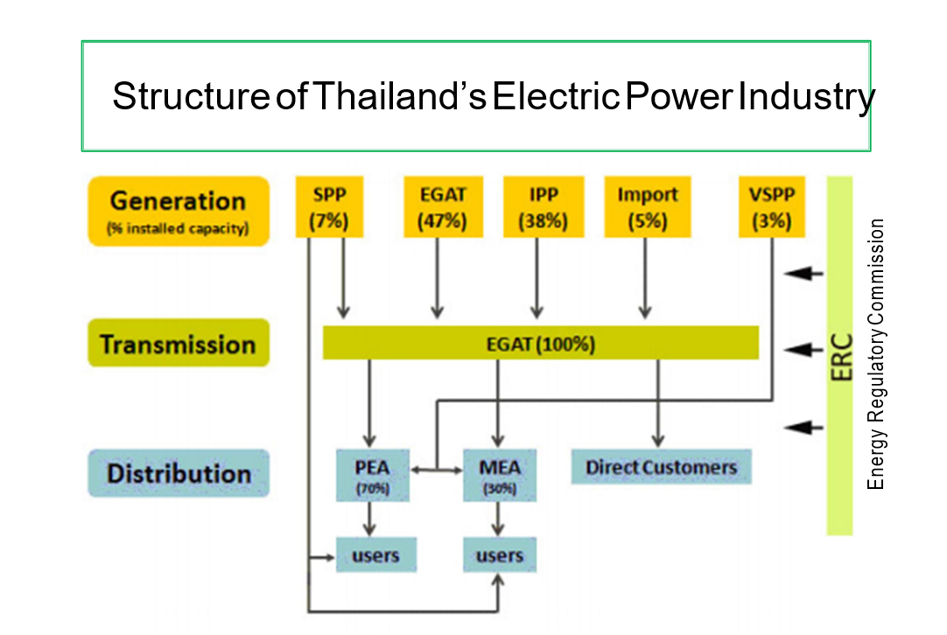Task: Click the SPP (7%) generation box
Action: (329, 207)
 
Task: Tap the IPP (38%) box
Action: (543, 207)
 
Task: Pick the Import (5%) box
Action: (647, 207)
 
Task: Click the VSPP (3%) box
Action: (771, 207)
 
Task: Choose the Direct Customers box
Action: (661, 467)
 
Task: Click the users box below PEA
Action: (375, 555)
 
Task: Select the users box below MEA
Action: (499, 555)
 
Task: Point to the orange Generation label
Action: (178, 211)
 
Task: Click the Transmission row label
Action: (178, 344)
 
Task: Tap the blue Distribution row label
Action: (178, 473)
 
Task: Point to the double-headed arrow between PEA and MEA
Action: (437, 470)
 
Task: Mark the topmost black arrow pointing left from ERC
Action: (803, 274)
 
